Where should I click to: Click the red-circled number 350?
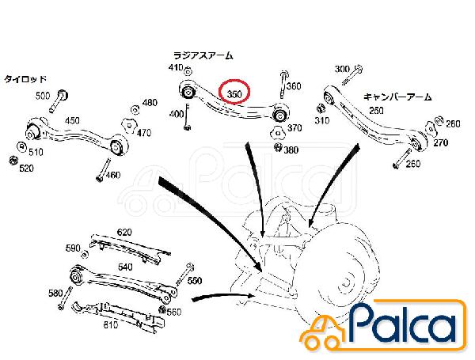coord(234,94)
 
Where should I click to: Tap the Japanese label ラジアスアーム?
coord(203,55)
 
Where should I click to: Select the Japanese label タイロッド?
coord(25,79)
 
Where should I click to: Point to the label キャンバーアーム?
coord(397,97)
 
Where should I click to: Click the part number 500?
coord(43,96)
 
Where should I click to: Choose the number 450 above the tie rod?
coord(72,120)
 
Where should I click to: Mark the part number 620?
coord(124,233)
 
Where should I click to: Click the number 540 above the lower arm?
coord(125,267)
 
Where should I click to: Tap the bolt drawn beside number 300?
coord(352,75)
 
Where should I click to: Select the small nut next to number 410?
coord(188,72)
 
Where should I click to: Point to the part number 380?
coord(291,150)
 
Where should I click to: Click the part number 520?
coord(26,169)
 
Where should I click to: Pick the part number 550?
coord(195,281)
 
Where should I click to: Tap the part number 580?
coord(55,293)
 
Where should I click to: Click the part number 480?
coord(150,103)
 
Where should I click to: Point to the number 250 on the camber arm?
coord(377,111)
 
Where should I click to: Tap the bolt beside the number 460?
coord(103,170)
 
